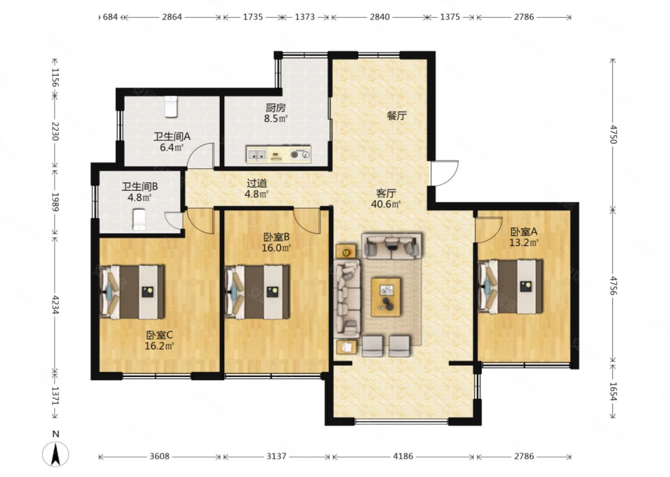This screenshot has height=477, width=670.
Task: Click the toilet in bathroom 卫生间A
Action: (171, 107)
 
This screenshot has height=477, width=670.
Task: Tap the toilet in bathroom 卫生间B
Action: (139, 220)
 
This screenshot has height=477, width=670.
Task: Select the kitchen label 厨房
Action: (275, 108)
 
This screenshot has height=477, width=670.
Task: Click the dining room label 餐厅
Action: (396, 116)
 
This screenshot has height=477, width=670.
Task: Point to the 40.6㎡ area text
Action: (386, 204)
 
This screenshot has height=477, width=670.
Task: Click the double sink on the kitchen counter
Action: (257, 155)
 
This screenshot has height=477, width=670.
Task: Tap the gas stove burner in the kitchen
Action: (295, 155)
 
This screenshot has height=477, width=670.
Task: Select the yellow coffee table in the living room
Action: (386, 297)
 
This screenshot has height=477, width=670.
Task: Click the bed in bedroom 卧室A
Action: (511, 286)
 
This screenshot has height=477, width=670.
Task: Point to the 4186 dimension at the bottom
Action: (403, 457)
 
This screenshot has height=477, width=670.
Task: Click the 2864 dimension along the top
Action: (172, 17)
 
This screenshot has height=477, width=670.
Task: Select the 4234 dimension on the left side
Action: (55, 305)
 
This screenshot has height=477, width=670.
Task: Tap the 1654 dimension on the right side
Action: (613, 391)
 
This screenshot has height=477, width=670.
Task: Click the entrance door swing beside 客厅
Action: (445, 173)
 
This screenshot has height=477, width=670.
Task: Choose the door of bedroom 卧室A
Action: (488, 230)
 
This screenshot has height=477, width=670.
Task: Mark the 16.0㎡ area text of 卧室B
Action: (276, 248)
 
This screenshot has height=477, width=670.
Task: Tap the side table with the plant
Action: (346, 251)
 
